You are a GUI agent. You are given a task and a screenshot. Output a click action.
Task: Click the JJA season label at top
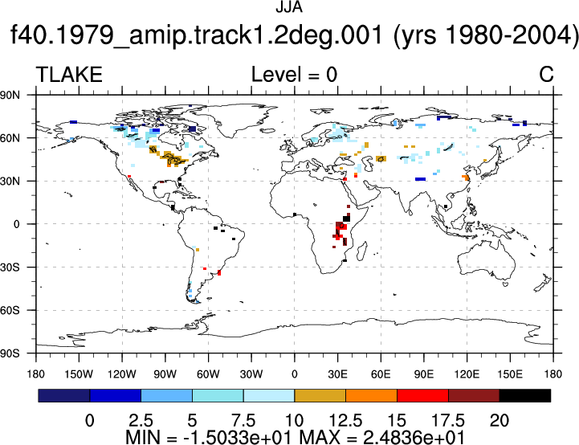click(x=289, y=7)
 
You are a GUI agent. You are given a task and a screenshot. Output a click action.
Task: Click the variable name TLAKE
click(x=69, y=75)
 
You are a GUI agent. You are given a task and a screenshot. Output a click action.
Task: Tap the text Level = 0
click(x=294, y=75)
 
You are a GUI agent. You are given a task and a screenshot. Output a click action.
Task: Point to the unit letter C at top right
click(x=546, y=75)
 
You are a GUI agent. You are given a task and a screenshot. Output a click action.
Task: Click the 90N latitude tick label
click(x=10, y=96)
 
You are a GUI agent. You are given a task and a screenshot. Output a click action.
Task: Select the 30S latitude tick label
click(x=10, y=267)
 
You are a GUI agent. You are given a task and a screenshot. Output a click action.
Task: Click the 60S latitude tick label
click(x=10, y=311)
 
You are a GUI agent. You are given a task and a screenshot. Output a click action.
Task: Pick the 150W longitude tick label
click(x=79, y=374)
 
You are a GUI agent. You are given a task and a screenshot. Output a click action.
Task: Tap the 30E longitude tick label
click(x=337, y=374)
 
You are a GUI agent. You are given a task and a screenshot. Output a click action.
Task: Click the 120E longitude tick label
click(x=467, y=374)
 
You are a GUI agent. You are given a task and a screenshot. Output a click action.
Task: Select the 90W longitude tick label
click(x=165, y=374)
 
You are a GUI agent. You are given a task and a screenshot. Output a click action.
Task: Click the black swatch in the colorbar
click(x=524, y=395)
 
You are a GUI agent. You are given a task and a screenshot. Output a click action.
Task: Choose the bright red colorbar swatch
click(x=422, y=395)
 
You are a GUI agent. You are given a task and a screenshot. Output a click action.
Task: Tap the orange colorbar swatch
click(x=372, y=395)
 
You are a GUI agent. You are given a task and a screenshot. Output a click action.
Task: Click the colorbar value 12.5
click(x=345, y=421)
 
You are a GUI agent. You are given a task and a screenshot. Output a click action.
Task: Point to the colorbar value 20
click(x=499, y=421)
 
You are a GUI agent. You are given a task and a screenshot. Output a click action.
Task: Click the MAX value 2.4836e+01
click(x=414, y=438)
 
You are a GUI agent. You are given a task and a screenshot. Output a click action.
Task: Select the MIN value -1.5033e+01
click(x=239, y=438)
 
